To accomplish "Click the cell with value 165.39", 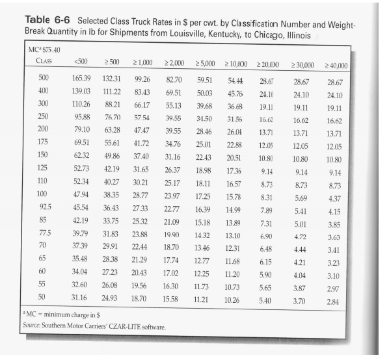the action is [x=81, y=78].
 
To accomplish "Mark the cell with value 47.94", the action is [x=81, y=194].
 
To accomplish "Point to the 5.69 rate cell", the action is [x=301, y=198].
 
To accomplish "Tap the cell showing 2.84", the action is [x=334, y=303].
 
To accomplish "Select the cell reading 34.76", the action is [x=172, y=143].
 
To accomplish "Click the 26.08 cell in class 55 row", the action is [x=109, y=284].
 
